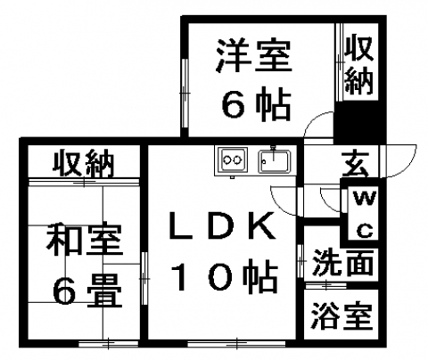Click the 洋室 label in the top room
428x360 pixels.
(x=253, y=55)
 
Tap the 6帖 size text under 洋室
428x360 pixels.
(x=256, y=104)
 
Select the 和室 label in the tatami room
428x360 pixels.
(x=84, y=240)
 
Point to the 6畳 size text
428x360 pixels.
(x=86, y=290)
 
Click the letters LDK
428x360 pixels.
(x=222, y=225)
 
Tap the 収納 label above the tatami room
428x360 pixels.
(x=83, y=165)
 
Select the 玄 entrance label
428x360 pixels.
(x=355, y=164)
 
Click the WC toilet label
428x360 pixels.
(x=365, y=214)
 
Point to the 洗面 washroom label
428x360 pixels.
(x=343, y=263)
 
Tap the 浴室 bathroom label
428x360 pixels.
(x=342, y=316)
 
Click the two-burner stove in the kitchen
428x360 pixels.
(x=232, y=160)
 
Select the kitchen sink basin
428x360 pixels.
(x=275, y=161)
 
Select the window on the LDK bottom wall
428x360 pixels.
(x=236, y=344)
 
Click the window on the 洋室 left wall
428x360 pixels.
(x=185, y=94)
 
